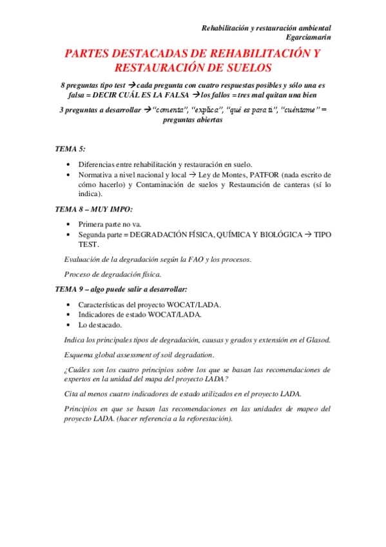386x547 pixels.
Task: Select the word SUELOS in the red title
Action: pyautogui.click(x=244, y=68)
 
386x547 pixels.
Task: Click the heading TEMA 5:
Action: pyautogui.click(x=70, y=149)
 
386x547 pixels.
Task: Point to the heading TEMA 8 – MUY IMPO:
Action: pyautogui.click(x=94, y=209)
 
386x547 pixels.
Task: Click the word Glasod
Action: pyautogui.click(x=318, y=339)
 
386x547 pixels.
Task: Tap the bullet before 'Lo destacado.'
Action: pyautogui.click(x=69, y=325)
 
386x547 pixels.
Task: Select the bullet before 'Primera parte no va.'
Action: pyautogui.click(x=69, y=224)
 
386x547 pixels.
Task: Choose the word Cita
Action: pyautogui.click(x=72, y=393)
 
